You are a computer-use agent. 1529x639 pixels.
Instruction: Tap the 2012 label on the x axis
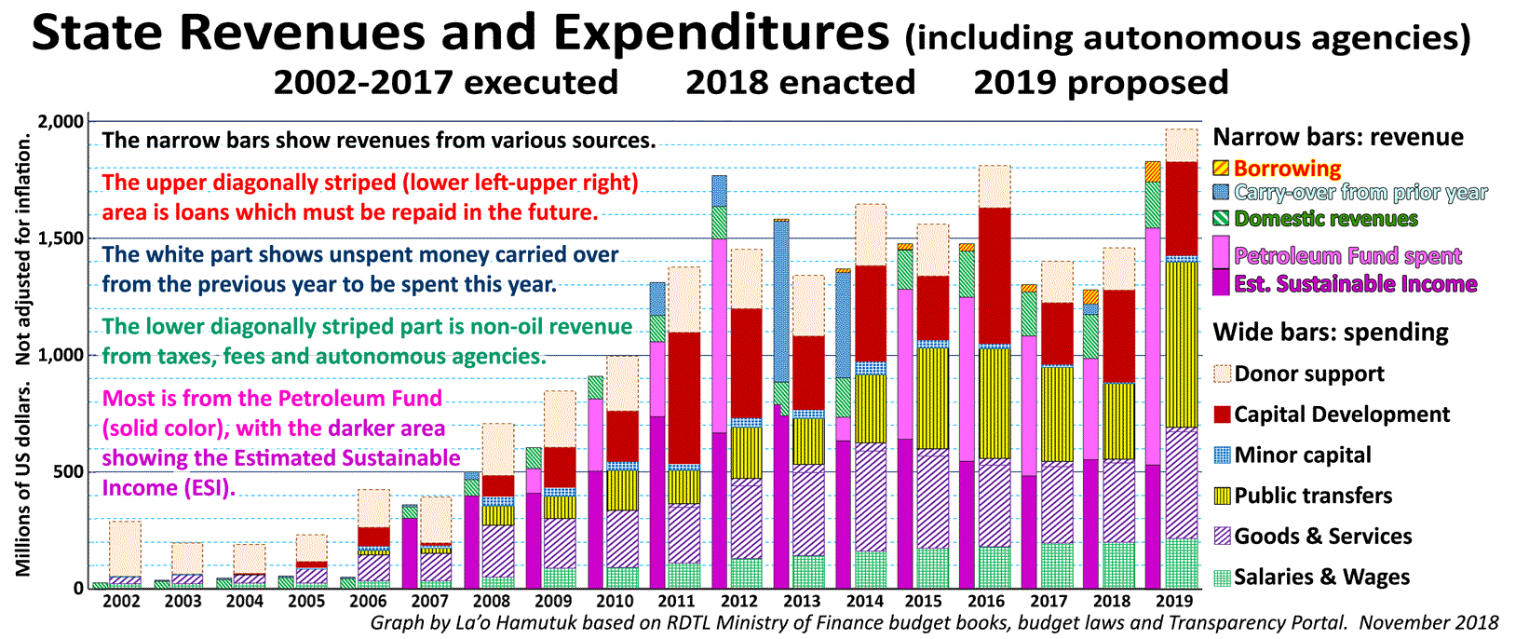coord(739,602)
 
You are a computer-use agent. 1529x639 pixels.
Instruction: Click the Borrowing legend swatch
coord(1222,169)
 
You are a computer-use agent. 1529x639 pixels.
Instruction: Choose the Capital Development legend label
coord(1342,415)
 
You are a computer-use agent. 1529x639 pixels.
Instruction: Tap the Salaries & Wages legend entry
coord(1321,578)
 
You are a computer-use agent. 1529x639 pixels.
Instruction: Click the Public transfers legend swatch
coord(1223,496)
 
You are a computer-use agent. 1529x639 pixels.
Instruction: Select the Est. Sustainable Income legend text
coord(1355,284)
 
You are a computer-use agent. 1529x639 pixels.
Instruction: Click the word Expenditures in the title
coord(721,34)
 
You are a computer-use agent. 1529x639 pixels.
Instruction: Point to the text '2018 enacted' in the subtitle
coord(800,83)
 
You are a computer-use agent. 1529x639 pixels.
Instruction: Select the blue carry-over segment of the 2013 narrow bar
coord(781,298)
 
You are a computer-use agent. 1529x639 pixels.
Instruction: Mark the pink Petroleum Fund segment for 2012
coord(719,335)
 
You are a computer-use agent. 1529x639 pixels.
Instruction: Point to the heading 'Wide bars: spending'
coord(1330,333)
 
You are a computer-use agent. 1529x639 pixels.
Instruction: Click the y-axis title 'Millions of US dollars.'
coord(23,479)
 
